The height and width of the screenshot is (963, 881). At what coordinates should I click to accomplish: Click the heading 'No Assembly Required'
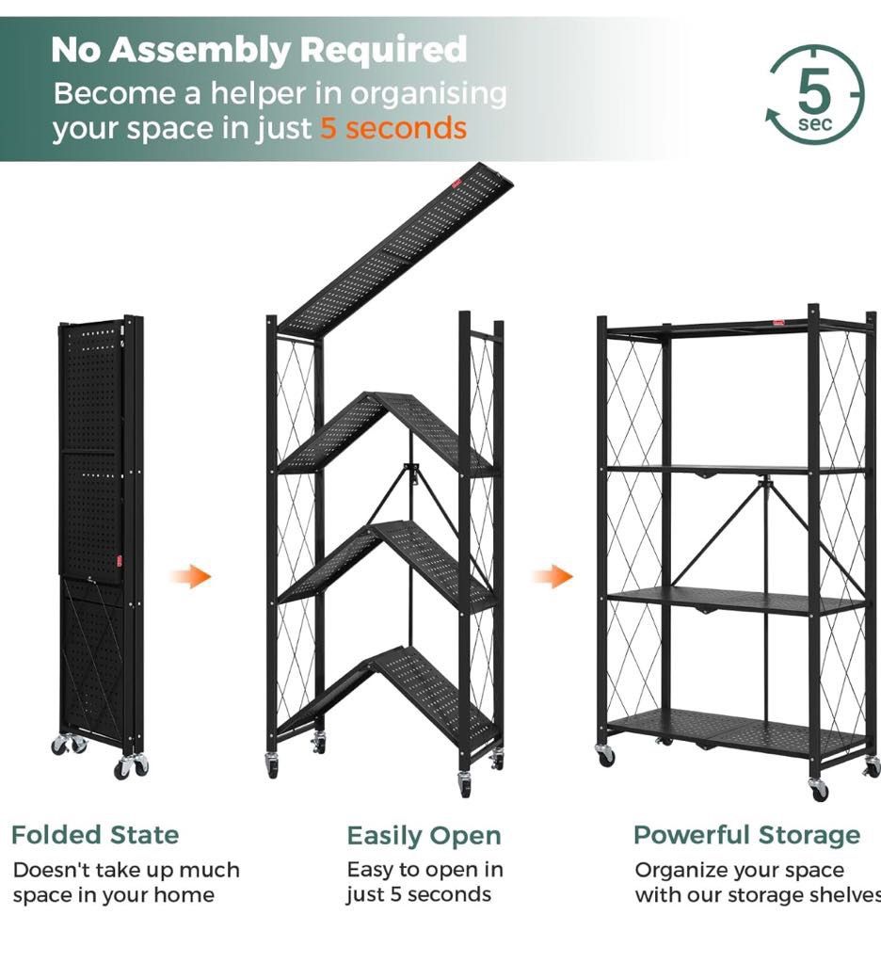(259, 49)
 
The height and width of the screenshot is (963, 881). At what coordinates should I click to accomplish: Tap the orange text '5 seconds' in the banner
(393, 127)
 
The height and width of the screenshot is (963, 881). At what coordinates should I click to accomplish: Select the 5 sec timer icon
(814, 96)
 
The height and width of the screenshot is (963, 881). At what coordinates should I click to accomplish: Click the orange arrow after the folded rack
(191, 576)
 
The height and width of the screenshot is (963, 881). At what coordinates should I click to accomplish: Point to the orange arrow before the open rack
(553, 576)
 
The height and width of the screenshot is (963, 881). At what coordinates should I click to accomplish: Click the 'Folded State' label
(95, 835)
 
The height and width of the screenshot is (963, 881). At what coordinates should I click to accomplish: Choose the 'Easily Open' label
(424, 836)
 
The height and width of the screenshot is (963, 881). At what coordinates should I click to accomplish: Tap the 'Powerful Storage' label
(746, 835)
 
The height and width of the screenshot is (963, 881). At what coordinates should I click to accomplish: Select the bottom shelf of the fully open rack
(734, 730)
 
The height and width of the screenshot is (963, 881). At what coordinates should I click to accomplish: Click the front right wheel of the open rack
(819, 789)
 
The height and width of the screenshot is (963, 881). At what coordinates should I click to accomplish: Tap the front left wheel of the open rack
(604, 755)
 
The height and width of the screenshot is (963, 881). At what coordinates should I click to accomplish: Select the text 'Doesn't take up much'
(126, 870)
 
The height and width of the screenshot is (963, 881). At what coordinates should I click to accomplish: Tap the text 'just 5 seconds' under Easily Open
(419, 894)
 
